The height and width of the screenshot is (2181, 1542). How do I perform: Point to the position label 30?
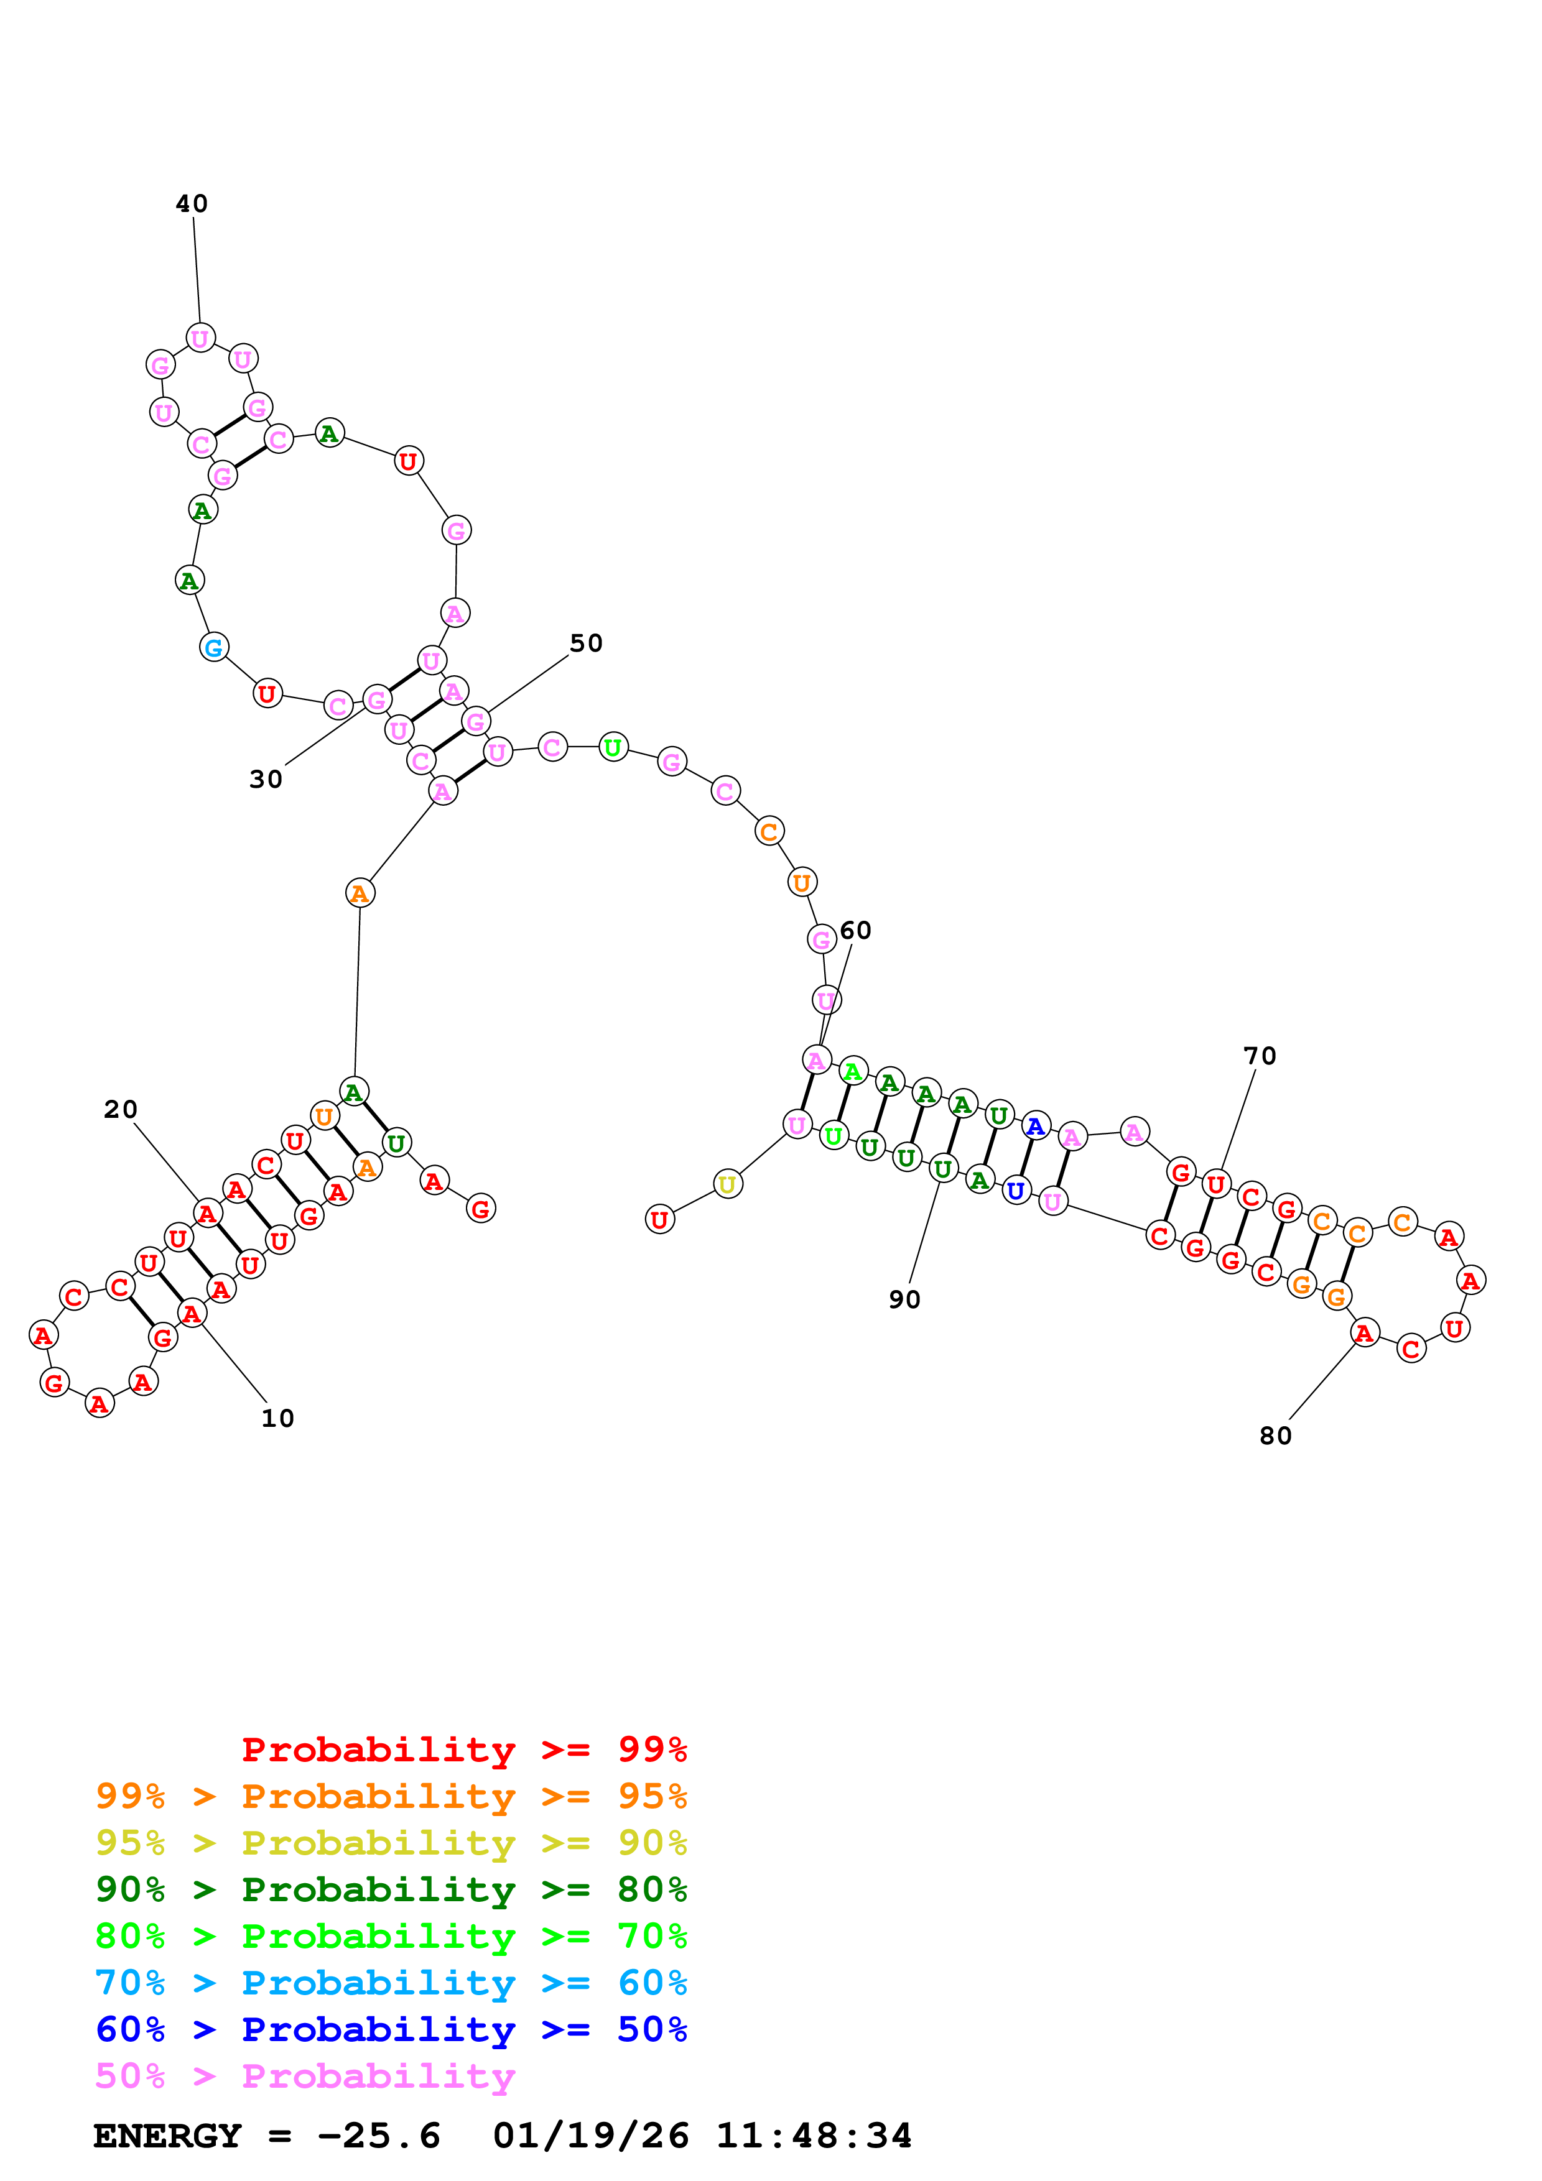point(266,779)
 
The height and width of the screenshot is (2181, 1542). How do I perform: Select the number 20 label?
point(121,1110)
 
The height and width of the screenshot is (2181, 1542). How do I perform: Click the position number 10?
point(277,1418)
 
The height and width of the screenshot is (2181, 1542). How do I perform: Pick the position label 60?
point(855,930)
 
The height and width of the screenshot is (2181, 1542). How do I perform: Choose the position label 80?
point(1275,1436)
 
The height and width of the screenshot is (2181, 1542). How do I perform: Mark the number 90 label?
point(904,1299)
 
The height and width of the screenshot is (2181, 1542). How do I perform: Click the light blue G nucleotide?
point(214,648)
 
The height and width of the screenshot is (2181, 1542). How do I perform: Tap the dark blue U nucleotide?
point(1016,1190)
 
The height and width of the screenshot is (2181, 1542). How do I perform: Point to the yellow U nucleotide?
point(727,1184)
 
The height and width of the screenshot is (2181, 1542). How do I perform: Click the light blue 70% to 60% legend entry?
point(391,1983)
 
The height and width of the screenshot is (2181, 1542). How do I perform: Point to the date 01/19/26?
point(590,2136)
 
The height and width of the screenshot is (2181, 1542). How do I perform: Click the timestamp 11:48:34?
point(813,2136)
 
